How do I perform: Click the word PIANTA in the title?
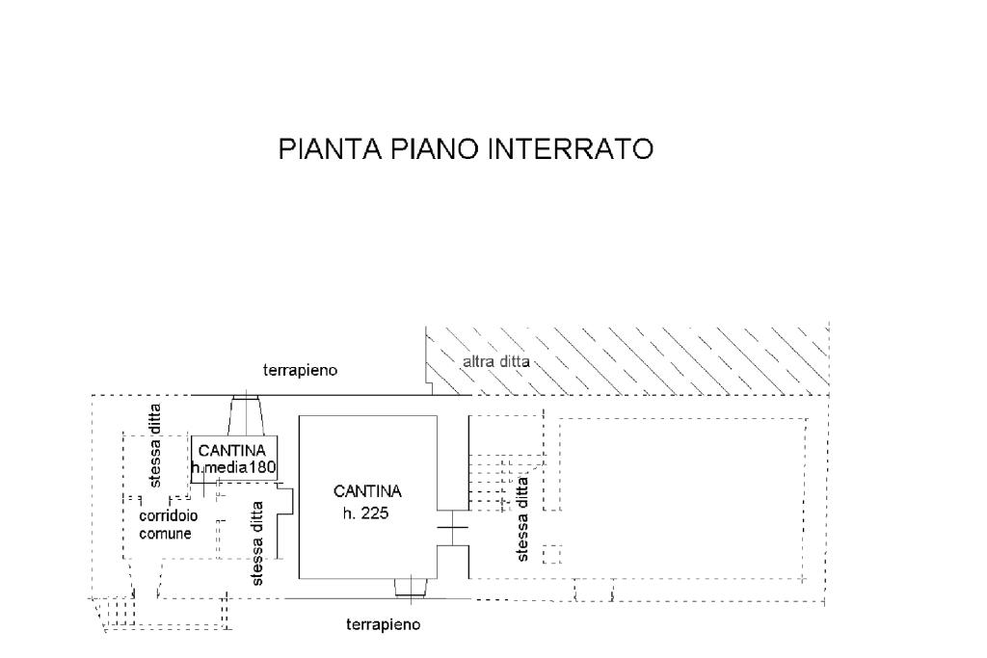pos(330,149)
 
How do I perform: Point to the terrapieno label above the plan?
pos(301,371)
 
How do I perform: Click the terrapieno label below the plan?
pos(384,624)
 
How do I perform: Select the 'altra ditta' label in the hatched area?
pos(496,362)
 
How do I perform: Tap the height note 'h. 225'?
pos(365,513)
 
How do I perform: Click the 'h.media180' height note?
pos(233,467)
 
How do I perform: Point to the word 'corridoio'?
pos(168,515)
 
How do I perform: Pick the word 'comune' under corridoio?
pos(165,534)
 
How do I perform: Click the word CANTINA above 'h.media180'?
pos(232,451)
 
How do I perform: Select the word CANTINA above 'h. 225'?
pos(367,491)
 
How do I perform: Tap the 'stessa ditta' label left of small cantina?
pos(155,445)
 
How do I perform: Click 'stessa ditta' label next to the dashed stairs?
pos(521,519)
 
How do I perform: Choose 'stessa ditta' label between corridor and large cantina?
pos(256,543)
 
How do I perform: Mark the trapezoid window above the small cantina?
pos(246,415)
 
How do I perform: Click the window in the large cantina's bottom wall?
pos(412,588)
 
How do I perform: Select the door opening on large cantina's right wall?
pos(453,528)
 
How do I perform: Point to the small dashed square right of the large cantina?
pos(551,554)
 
